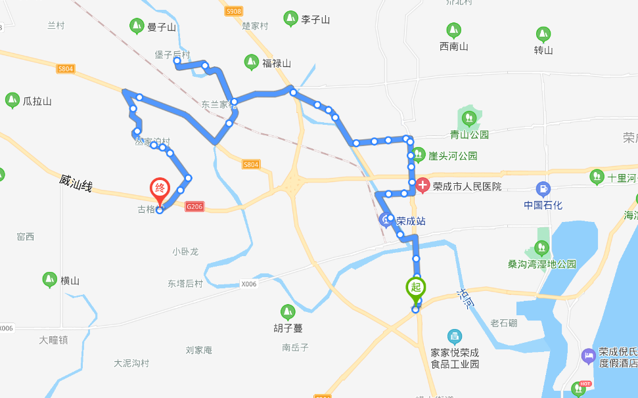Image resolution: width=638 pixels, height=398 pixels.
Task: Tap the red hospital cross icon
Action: pyautogui.click(x=422, y=186)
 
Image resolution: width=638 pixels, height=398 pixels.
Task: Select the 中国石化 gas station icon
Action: pyautogui.click(x=543, y=190)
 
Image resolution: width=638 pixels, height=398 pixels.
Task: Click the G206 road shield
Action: pyautogui.click(x=194, y=206)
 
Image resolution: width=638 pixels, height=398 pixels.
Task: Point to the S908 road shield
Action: pyautogui.click(x=233, y=12)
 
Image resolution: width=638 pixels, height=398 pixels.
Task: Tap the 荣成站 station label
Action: pyautogui.click(x=411, y=221)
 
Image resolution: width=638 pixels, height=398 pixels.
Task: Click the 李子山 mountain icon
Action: pyautogui.click(x=290, y=19)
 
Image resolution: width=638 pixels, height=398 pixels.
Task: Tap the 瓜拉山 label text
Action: pyautogui.click(x=37, y=101)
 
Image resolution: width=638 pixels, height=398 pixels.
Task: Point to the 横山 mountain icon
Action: pyautogui.click(x=49, y=280)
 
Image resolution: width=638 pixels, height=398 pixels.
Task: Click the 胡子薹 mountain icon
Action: pyautogui.click(x=288, y=311)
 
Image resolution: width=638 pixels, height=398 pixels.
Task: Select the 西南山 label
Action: pyautogui.click(x=453, y=47)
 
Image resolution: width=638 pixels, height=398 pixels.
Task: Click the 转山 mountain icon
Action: pyautogui.click(x=543, y=34)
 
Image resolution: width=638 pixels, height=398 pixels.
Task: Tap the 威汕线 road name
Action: pyautogui.click(x=75, y=183)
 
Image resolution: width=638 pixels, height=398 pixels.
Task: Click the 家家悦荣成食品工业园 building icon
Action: pyautogui.click(x=454, y=336)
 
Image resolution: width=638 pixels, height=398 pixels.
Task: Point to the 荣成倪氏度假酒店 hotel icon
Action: pyautogui.click(x=589, y=356)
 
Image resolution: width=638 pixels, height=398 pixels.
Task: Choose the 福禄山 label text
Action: pyautogui.click(x=277, y=63)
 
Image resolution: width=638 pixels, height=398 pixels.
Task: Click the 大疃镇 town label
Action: pyautogui.click(x=53, y=340)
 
